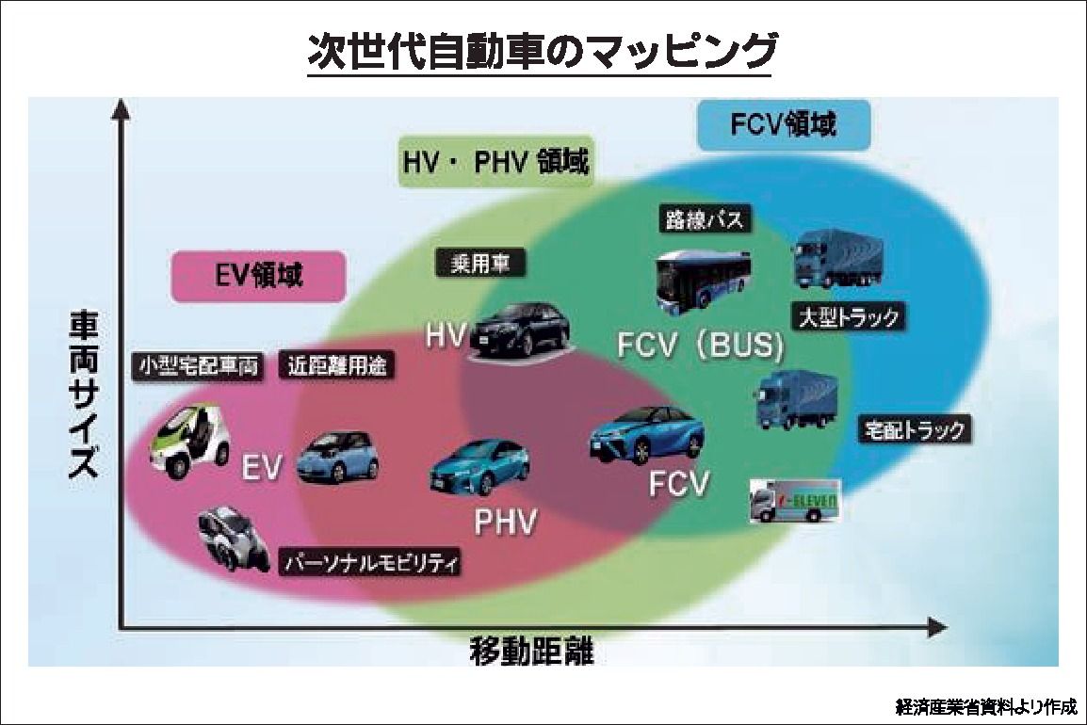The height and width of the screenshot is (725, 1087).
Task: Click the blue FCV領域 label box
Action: click(x=783, y=124)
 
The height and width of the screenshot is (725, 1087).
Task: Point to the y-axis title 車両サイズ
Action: click(x=83, y=396)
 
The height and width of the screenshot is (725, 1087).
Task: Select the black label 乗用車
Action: click(x=480, y=264)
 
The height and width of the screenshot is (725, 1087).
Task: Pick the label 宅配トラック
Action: click(x=914, y=430)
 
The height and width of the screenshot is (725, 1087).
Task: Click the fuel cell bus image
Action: click(x=703, y=278)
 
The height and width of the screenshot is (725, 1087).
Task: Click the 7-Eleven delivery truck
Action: click(x=793, y=500)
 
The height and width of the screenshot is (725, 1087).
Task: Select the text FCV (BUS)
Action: click(x=700, y=346)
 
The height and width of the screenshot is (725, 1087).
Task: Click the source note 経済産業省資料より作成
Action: click(x=985, y=706)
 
